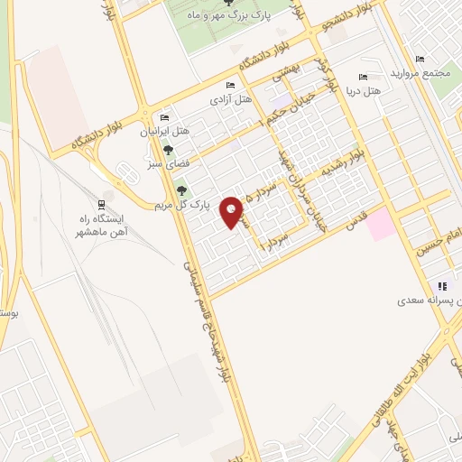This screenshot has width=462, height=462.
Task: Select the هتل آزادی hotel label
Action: click(x=230, y=99)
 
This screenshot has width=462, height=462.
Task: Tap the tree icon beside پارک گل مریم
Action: click(x=183, y=189)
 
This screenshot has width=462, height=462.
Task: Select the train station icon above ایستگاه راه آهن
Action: click(x=100, y=203)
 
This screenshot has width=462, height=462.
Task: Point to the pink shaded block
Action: click(x=381, y=223)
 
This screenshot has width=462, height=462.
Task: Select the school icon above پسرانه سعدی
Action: click(x=441, y=285)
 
